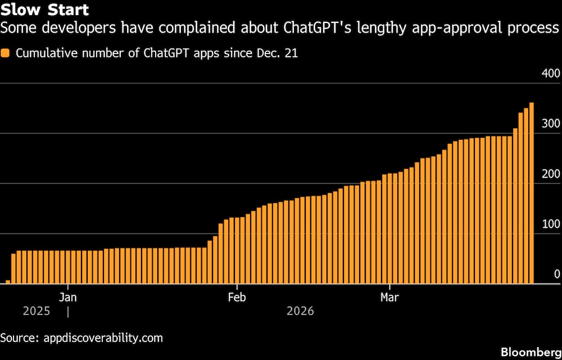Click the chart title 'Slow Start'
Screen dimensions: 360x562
(44, 10)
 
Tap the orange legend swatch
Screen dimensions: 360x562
(6, 53)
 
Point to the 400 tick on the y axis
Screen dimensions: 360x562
(551, 74)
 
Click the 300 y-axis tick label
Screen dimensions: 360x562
(551, 124)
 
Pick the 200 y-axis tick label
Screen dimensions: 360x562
(551, 174)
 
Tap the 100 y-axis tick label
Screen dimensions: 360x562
(551, 224)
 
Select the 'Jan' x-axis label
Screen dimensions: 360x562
(68, 297)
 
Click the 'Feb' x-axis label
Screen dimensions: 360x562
(238, 297)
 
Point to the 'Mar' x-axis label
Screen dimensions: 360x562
(389, 297)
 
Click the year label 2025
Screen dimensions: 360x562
(37, 311)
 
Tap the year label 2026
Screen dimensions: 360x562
(300, 311)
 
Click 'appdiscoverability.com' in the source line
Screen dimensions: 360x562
(101, 338)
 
